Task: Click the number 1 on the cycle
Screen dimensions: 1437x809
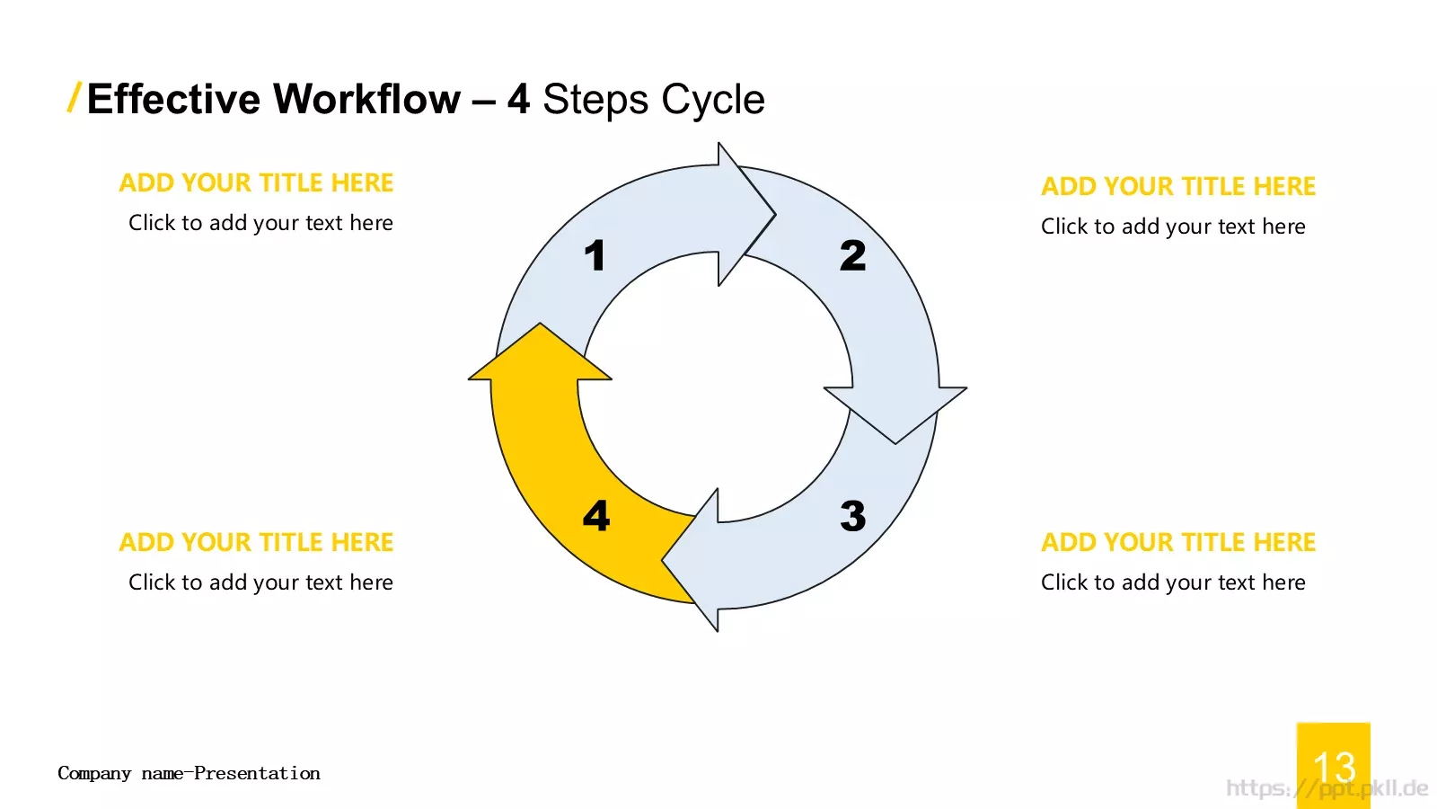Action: (595, 255)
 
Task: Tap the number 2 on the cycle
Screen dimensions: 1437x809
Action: (852, 255)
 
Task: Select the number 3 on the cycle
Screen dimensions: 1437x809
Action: (852, 516)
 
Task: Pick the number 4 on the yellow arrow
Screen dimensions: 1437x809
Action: (596, 516)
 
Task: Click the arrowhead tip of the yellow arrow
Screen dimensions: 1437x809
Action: (540, 324)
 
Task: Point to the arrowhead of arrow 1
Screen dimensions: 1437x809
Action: (745, 215)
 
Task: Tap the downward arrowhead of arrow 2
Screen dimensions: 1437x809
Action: (895, 414)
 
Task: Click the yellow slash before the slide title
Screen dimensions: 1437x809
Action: (74, 98)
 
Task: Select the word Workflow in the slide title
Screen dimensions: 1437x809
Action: (367, 99)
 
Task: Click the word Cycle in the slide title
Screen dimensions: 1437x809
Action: (713, 100)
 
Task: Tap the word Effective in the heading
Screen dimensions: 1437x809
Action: (173, 99)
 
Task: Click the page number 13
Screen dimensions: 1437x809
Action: (1335, 767)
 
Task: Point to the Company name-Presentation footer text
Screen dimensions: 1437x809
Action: (189, 773)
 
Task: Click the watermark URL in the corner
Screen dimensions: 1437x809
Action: (1327, 787)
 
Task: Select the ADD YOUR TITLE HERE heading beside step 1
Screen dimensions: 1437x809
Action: (256, 183)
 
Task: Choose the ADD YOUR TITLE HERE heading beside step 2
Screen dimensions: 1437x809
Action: (1177, 186)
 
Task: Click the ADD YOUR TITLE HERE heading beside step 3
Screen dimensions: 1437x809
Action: (1177, 543)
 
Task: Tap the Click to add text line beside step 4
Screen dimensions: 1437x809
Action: (260, 582)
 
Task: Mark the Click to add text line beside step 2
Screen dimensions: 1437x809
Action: (1173, 227)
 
